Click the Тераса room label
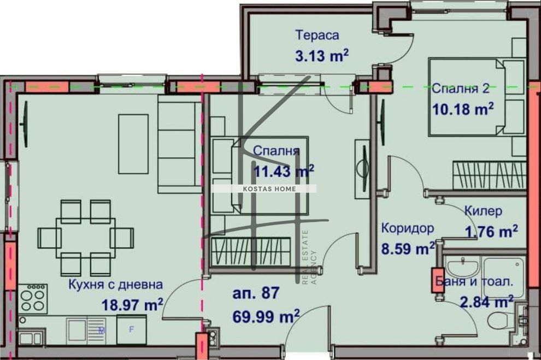point(317,36)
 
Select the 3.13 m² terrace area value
point(322,56)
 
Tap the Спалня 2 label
point(460,88)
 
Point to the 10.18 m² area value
point(463,109)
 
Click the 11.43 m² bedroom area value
point(284,172)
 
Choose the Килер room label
point(483,211)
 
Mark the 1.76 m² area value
point(491,232)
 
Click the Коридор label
point(408,228)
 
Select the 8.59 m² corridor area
point(408,249)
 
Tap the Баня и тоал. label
point(474,282)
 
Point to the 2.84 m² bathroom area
point(486,301)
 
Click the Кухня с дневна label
point(115,284)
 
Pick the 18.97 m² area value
point(132,304)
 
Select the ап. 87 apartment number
point(256,293)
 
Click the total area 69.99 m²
point(266,315)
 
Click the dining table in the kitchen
point(85,237)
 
